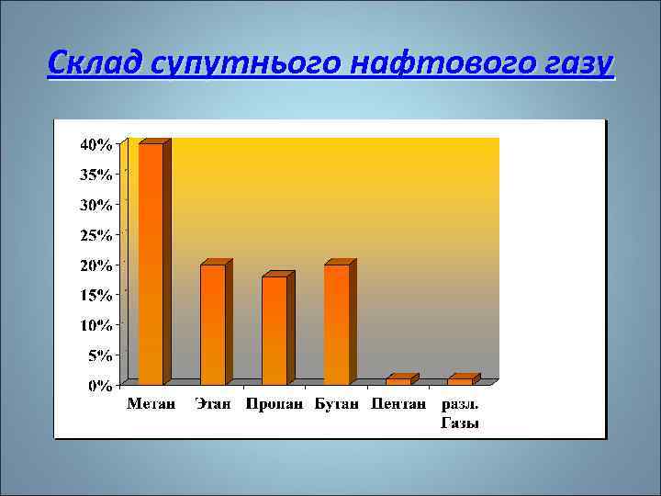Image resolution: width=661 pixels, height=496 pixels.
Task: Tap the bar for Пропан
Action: (x=274, y=330)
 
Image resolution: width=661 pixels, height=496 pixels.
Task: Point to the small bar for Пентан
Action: (x=398, y=380)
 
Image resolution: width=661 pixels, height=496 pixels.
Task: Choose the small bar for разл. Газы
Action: (x=460, y=380)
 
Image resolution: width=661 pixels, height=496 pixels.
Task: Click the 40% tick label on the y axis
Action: (x=96, y=144)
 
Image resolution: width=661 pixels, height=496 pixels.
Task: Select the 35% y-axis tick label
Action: (x=96, y=175)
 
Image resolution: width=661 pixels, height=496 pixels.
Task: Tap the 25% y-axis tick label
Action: (x=96, y=235)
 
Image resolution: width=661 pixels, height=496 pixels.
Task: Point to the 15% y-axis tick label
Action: (x=96, y=295)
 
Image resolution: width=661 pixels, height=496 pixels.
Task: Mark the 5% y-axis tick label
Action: (x=99, y=355)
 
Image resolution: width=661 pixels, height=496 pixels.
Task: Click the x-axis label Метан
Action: (x=151, y=404)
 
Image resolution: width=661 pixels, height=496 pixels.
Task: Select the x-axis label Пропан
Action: (x=274, y=404)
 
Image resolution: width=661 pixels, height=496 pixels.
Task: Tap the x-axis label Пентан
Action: (x=398, y=404)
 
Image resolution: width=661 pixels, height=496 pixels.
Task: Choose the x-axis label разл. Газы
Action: (x=460, y=413)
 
